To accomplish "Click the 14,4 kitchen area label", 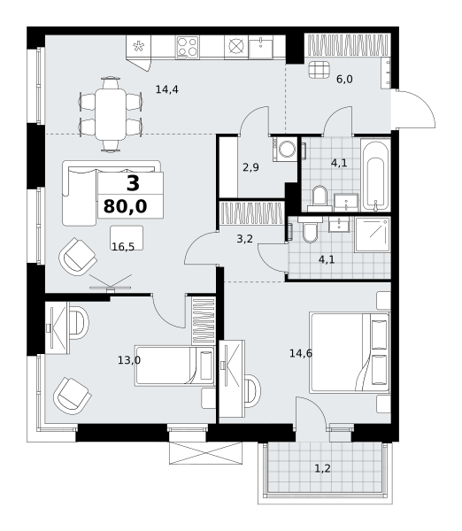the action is [x=166, y=89].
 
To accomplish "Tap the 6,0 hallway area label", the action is [x=344, y=80].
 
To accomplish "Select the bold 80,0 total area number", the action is [x=126, y=206].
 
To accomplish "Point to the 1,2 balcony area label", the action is [x=322, y=469].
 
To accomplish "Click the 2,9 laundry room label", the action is [x=250, y=167].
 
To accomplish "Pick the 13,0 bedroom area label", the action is [x=129, y=360].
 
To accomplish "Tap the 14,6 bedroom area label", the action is [x=301, y=353].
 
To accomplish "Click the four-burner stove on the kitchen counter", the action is [x=187, y=47].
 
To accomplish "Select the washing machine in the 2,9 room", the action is [x=285, y=149].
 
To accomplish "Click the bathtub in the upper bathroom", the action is [x=375, y=174].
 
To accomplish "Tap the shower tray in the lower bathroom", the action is [x=373, y=235].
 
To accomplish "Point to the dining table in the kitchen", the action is [x=111, y=114].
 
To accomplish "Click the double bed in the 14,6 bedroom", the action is [x=350, y=353].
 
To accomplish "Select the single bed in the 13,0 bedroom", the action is [x=174, y=366].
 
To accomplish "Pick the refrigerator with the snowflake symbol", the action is [x=139, y=47].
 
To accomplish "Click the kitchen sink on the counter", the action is [x=261, y=47].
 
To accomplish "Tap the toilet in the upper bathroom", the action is [x=320, y=199].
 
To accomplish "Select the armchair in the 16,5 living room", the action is [x=78, y=257].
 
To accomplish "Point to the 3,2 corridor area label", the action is [x=244, y=239].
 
